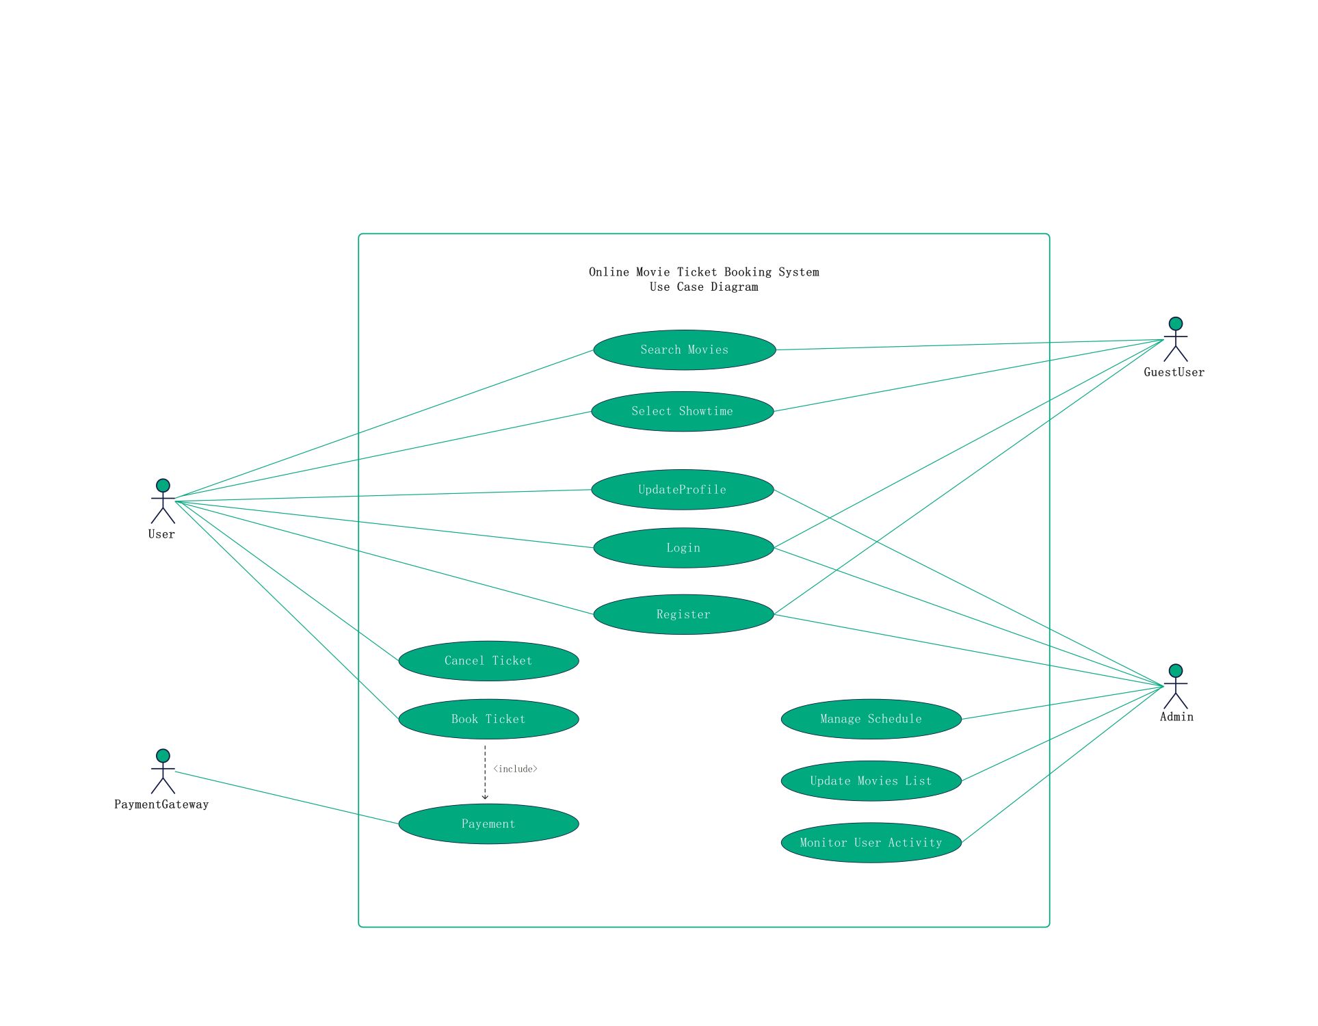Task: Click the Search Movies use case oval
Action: pos(685,350)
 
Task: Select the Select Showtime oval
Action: pos(683,412)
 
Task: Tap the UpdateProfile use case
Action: pos(683,490)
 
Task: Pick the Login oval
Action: pos(684,548)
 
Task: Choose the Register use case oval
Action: pos(684,614)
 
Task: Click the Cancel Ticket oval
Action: pos(488,661)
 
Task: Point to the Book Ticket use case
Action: pos(488,719)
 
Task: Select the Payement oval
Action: pos(488,824)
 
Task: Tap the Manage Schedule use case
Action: pos(871,719)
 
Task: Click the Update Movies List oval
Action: pos(871,781)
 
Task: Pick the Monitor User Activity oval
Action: pos(871,843)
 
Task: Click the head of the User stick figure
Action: pos(163,486)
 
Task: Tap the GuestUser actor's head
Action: pos(1176,324)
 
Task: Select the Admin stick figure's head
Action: pos(1176,671)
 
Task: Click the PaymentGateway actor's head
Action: pos(163,756)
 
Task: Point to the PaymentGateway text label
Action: pos(161,804)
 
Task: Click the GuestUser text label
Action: pos(1174,372)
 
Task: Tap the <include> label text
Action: pos(516,769)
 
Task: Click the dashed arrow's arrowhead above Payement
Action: pos(485,798)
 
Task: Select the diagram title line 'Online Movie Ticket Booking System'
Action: pos(704,272)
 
